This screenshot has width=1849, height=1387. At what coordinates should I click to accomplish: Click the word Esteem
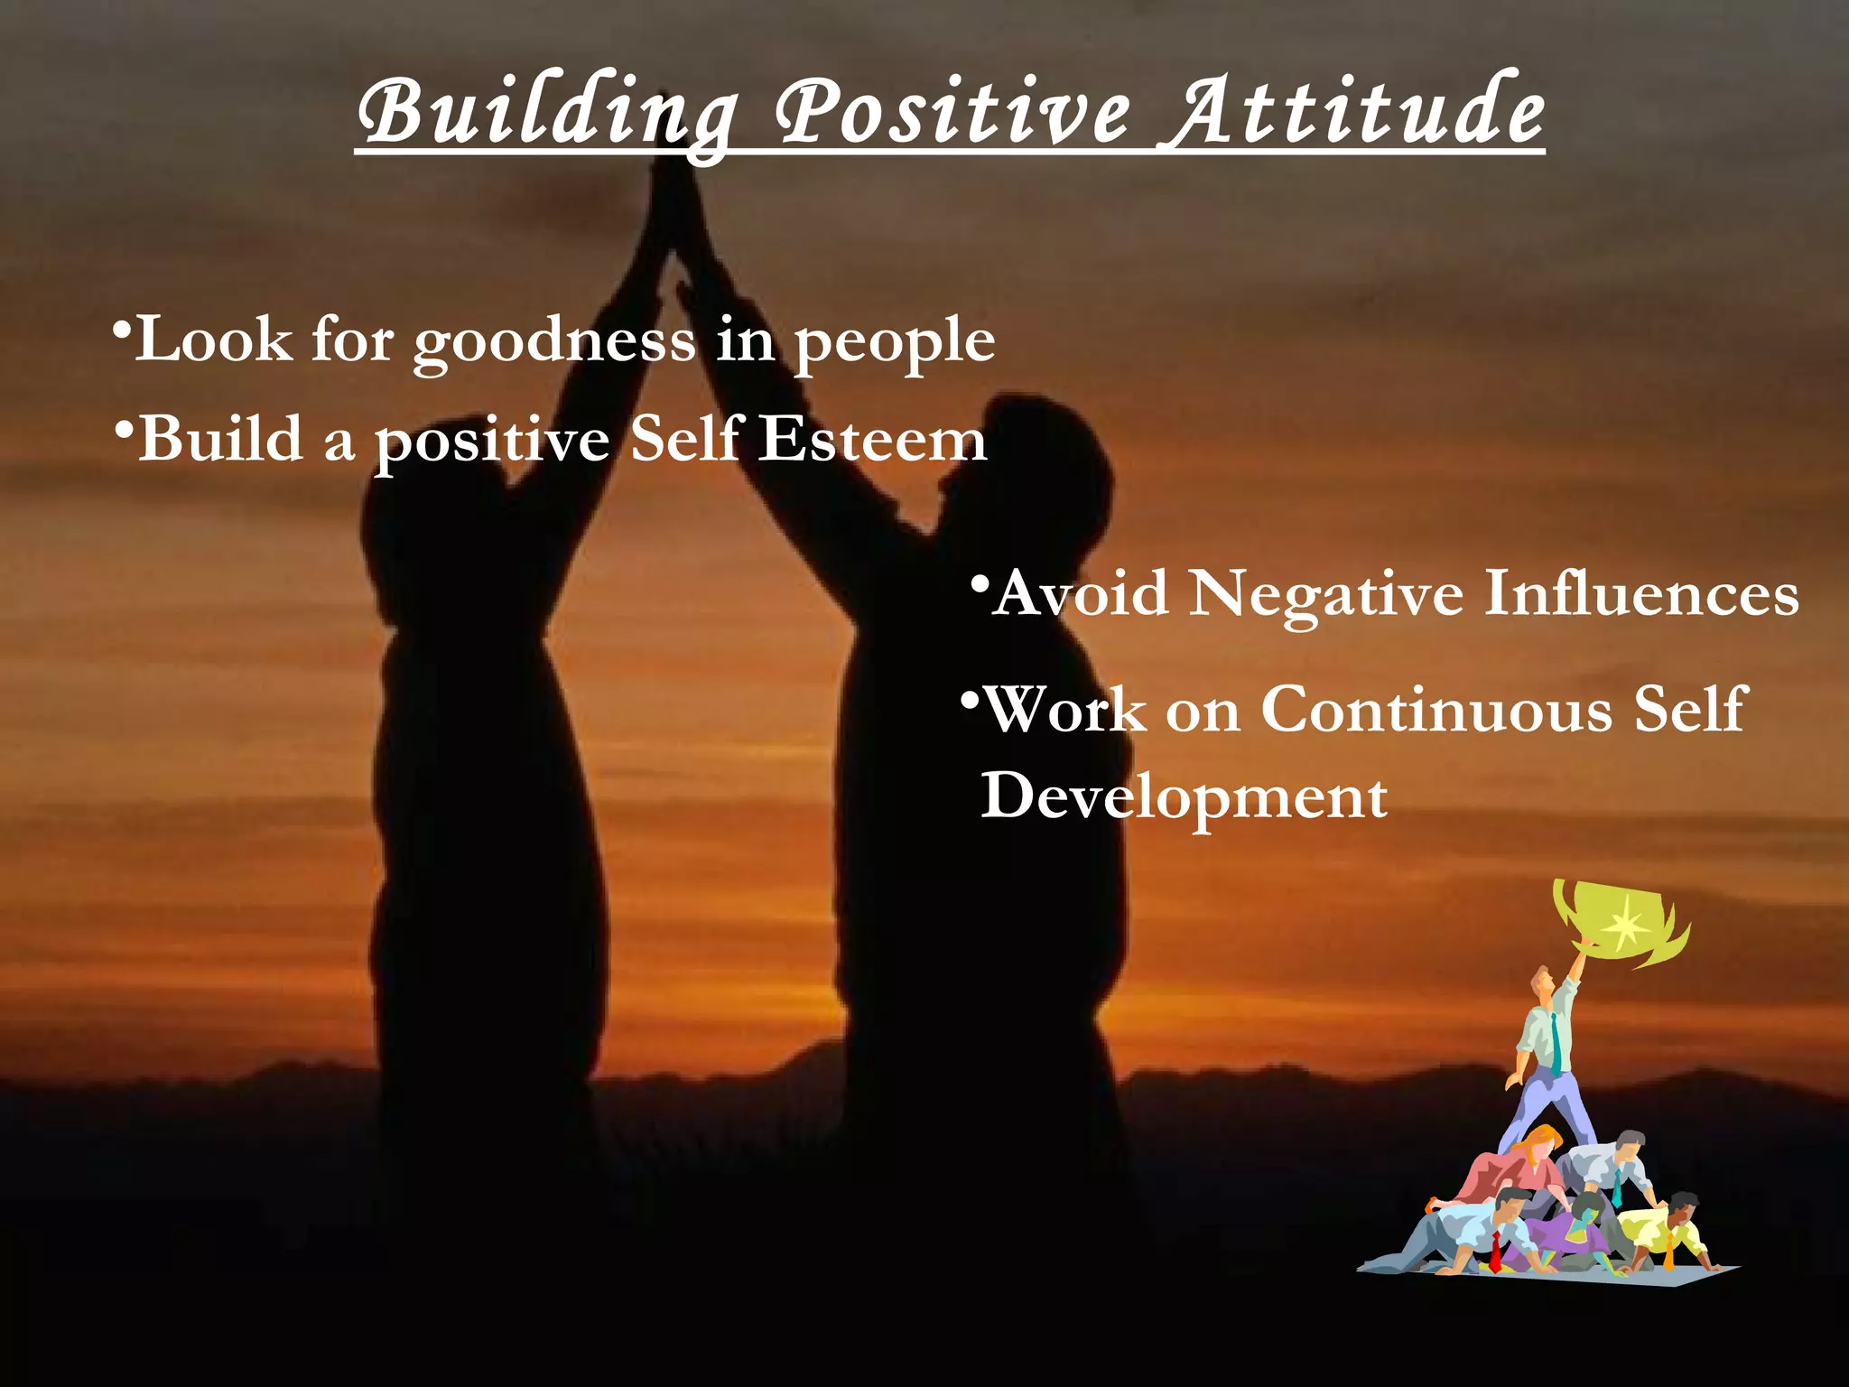(x=871, y=441)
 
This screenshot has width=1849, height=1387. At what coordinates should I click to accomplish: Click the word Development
(x=1184, y=797)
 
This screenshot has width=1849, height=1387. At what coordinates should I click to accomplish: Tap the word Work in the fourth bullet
(x=1065, y=710)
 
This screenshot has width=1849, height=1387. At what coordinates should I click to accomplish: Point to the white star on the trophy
(x=1626, y=923)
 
